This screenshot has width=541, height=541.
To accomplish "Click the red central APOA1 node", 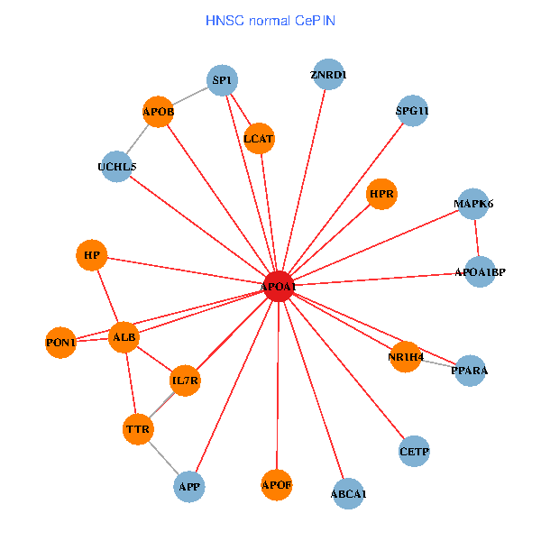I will coord(279,286).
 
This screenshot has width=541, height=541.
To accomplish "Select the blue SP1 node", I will coord(222,81).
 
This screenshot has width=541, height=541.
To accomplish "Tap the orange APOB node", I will coord(158,113).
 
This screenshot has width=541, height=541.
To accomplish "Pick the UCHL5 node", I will coord(116,167).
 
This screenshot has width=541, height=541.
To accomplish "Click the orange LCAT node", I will coord(259,139).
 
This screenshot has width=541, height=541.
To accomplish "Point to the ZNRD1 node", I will coord(327,75).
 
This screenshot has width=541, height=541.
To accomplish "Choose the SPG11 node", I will coord(412,112).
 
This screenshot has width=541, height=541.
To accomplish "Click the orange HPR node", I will coord(382,194).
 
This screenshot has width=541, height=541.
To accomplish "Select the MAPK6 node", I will coord(473,204).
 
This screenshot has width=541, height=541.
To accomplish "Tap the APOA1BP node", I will coord(480,271).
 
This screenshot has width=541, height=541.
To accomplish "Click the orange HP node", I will coord(91,255).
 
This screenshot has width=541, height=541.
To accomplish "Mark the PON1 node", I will coord(60,343).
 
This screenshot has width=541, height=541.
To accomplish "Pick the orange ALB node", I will coord(124,337).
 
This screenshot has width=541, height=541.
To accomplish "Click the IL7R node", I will coord(185,381).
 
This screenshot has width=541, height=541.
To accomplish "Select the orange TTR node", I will coord(137,429).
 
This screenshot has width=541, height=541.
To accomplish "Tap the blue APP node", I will coord(189,487).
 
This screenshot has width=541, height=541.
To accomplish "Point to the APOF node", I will coord(277,486).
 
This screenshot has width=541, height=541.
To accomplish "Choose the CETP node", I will coord(414,451).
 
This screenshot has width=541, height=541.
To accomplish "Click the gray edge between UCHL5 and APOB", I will coord(137,140).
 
